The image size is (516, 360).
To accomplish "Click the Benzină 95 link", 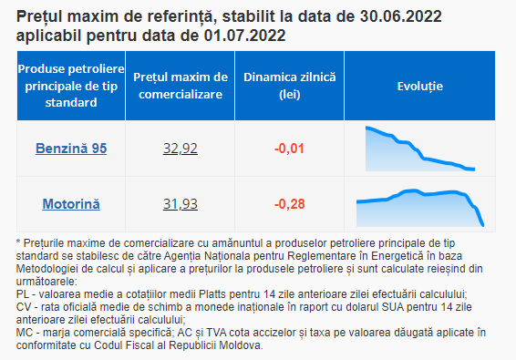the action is (x=71, y=149).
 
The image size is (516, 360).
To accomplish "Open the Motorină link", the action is (x=71, y=204).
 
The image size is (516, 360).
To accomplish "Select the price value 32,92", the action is (x=181, y=149).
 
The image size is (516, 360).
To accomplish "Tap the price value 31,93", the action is (x=181, y=204).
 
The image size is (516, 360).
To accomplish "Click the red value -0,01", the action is (x=290, y=149).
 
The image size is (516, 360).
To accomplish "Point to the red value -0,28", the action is (x=290, y=204).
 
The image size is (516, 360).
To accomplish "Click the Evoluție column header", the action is (x=420, y=87).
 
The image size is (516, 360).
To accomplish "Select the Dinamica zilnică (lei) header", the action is (x=290, y=86).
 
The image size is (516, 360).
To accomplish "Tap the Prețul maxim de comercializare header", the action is (x=181, y=86).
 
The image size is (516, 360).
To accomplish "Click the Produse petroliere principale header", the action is (x=71, y=86).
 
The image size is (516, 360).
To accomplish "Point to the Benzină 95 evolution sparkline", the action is (x=420, y=149).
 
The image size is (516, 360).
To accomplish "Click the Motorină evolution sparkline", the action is (x=420, y=208).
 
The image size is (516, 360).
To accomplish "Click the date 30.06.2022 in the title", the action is (x=400, y=16).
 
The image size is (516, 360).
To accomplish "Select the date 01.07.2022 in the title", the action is (x=245, y=36).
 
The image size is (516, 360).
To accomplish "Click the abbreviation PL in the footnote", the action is (x=23, y=293).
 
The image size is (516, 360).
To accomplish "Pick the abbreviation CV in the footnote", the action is (x=24, y=307).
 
